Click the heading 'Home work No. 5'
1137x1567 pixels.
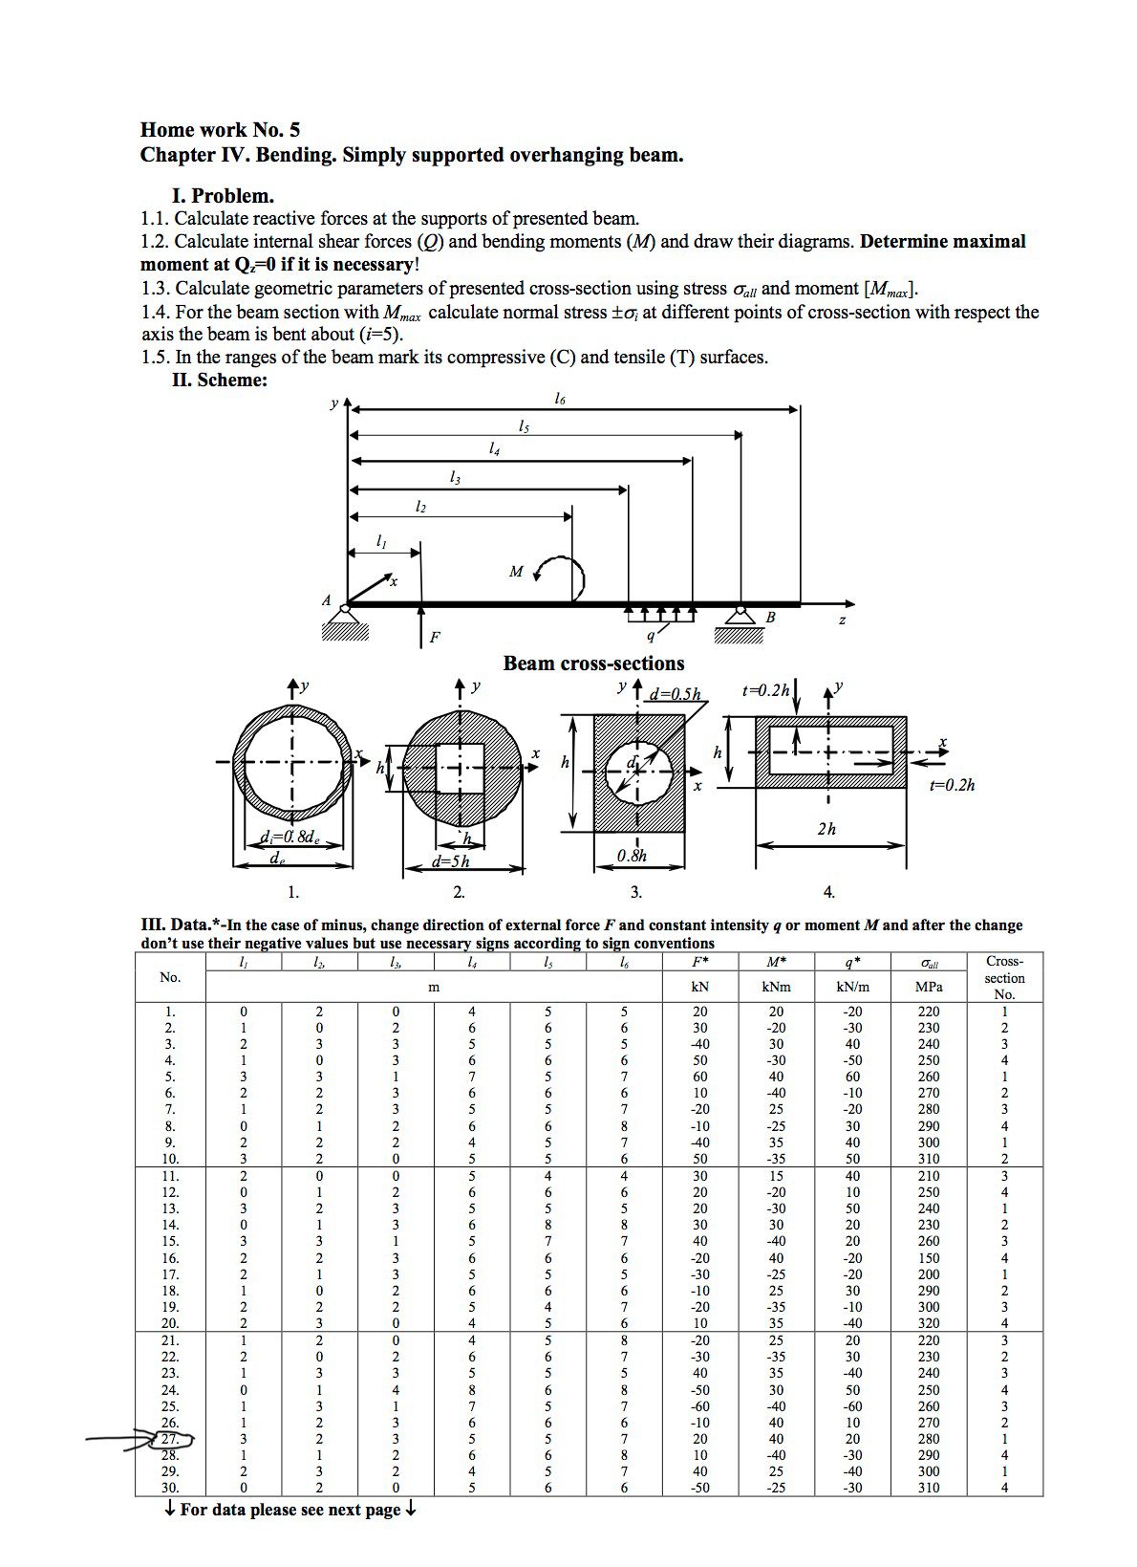(x=220, y=130)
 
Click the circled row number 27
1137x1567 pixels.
(x=170, y=1439)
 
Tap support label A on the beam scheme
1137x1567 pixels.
(x=326, y=600)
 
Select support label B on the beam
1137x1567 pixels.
(x=770, y=618)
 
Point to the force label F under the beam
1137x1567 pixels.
(x=435, y=637)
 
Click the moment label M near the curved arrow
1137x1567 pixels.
(x=516, y=572)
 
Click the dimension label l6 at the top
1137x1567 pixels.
(x=560, y=399)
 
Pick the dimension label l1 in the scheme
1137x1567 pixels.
(x=381, y=541)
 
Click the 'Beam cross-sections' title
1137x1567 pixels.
(x=593, y=664)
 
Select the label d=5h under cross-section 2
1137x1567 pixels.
(x=450, y=860)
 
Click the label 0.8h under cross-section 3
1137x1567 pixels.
(x=632, y=856)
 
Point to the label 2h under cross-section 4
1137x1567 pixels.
(x=826, y=829)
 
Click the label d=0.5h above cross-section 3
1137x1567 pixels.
(x=675, y=693)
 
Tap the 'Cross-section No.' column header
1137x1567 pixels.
(x=1004, y=977)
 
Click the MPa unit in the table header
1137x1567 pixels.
(x=928, y=987)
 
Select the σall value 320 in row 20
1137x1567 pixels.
(x=928, y=1323)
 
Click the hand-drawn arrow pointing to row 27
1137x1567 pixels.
(x=119, y=1437)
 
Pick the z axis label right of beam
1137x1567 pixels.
(x=842, y=620)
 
